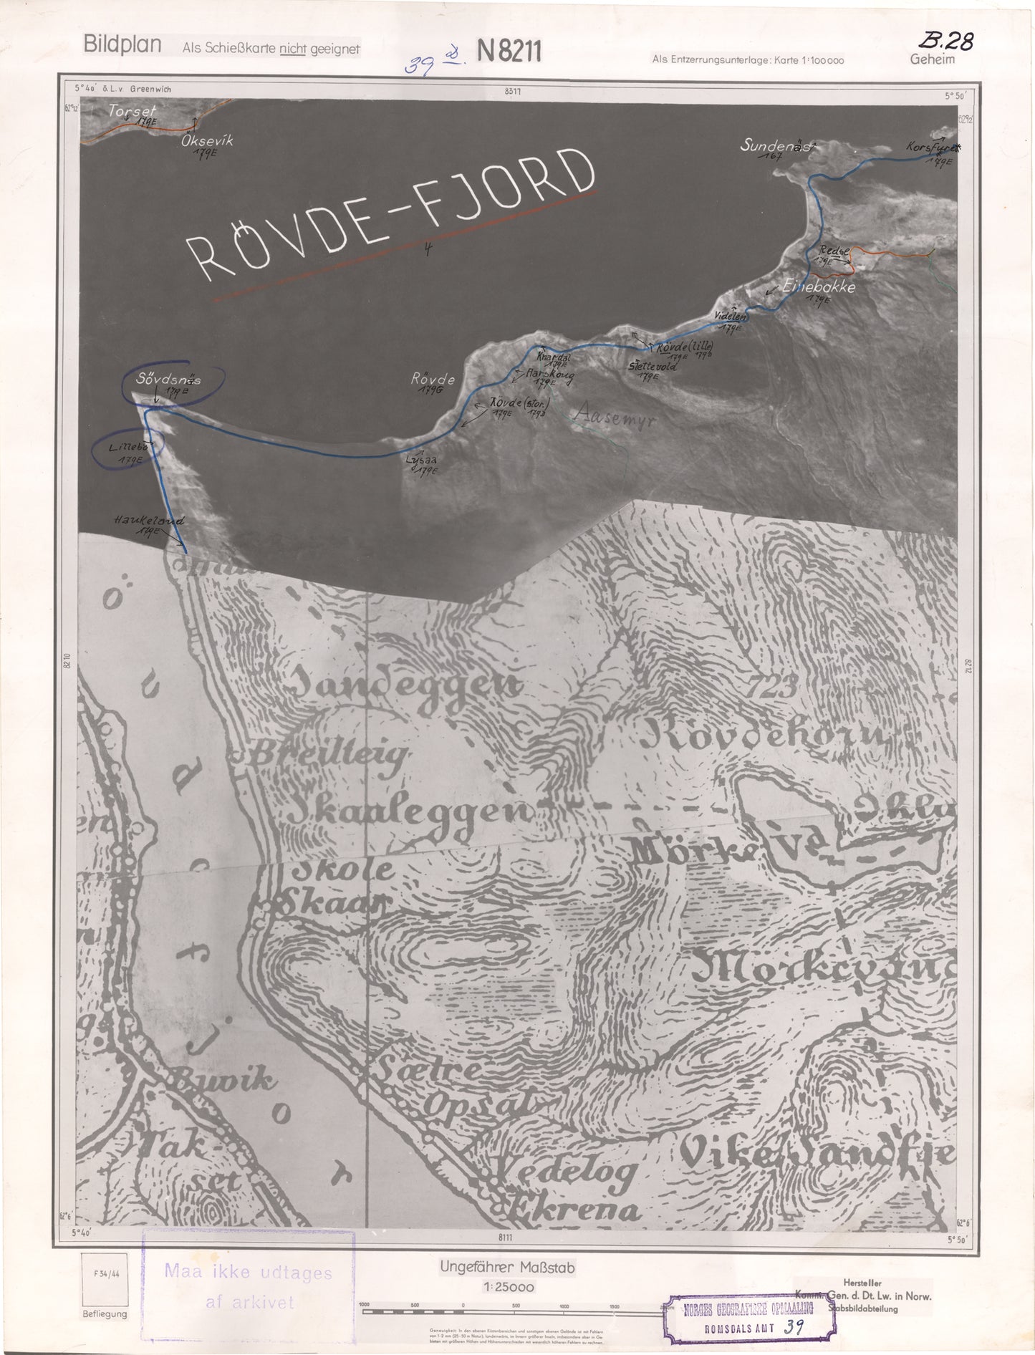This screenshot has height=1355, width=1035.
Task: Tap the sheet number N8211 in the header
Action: click(x=509, y=52)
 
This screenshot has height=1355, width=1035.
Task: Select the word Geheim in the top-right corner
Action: click(x=932, y=59)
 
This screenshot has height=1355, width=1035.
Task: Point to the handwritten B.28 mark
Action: click(x=948, y=42)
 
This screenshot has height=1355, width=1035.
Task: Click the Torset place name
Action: click(x=133, y=111)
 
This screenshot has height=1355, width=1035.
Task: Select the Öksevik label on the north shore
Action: click(x=207, y=142)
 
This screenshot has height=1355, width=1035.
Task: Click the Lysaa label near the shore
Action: click(x=420, y=462)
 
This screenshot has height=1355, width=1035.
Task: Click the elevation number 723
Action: click(x=774, y=687)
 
